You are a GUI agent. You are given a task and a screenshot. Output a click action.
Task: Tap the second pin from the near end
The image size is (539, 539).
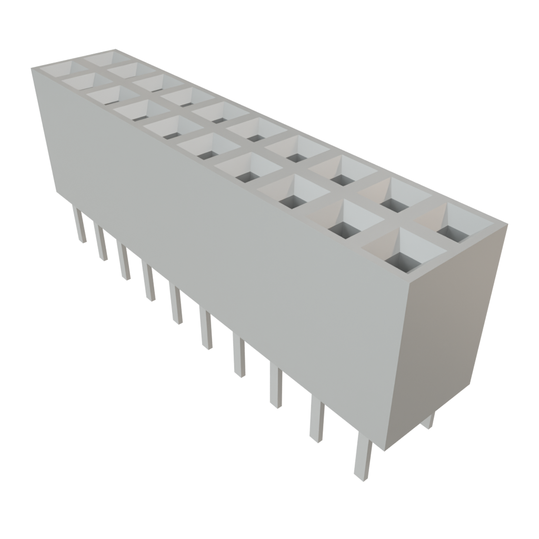click(x=317, y=419)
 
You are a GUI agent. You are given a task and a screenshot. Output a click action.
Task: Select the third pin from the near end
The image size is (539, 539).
click(x=276, y=386)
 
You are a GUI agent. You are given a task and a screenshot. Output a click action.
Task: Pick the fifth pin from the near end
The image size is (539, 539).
click(x=207, y=329)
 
